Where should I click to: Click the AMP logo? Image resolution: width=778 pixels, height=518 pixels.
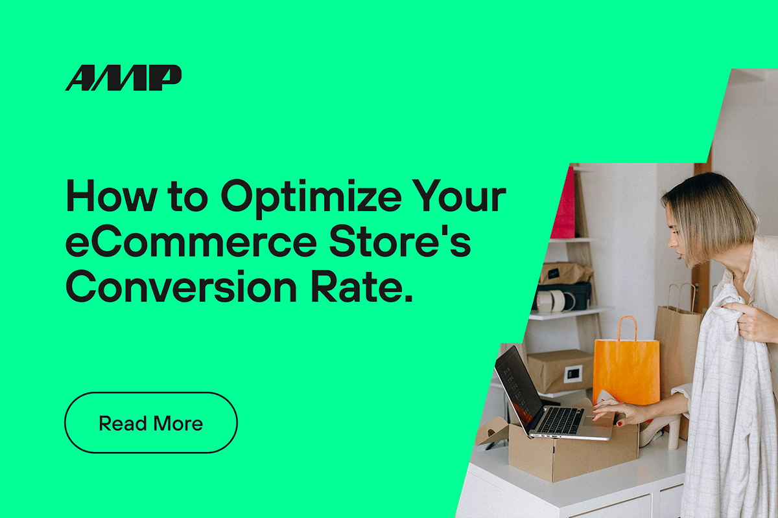point(123,78)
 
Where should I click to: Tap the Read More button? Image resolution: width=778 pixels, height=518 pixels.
point(151,423)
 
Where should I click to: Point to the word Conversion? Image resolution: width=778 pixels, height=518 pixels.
point(182,286)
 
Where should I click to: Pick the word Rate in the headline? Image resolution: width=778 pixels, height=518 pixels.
point(362,286)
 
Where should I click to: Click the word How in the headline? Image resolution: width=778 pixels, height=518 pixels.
point(111,196)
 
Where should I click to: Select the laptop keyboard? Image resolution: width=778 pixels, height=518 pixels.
point(561,420)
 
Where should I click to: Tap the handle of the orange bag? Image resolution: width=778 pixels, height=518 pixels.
point(627,328)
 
